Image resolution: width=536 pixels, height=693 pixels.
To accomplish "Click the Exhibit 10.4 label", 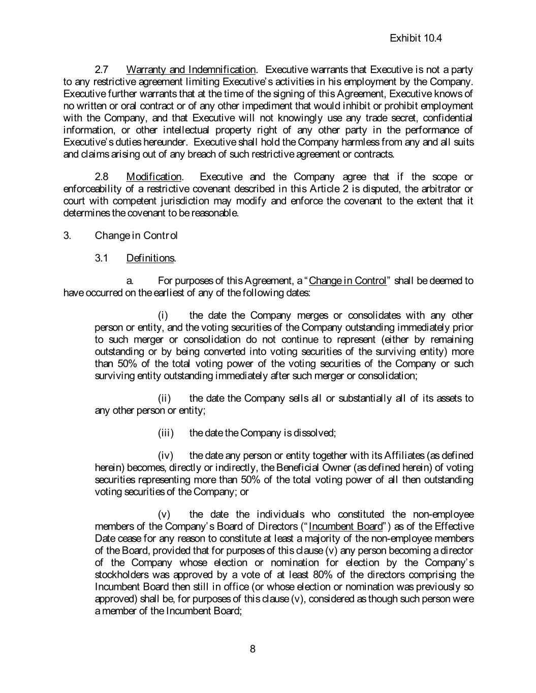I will click(x=416, y=38).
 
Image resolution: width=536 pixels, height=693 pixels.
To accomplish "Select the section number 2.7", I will click(x=101, y=70).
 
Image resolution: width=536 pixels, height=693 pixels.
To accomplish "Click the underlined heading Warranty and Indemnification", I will click(x=191, y=70).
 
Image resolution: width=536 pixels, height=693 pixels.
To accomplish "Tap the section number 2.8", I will click(x=101, y=177).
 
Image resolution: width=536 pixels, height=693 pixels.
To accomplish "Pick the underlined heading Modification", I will click(x=153, y=177).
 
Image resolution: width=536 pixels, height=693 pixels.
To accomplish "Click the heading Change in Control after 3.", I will click(x=136, y=236).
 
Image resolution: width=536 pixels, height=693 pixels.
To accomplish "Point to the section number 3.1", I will click(x=101, y=258).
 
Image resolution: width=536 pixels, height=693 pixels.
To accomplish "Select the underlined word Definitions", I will click(x=150, y=258).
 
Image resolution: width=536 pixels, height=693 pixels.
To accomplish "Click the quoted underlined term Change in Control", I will click(x=348, y=281).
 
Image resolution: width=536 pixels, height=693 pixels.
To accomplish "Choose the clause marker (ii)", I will click(x=164, y=399).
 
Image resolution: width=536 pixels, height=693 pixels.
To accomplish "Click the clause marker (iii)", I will click(x=166, y=433).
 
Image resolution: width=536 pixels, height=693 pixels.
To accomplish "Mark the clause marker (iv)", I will click(x=166, y=455).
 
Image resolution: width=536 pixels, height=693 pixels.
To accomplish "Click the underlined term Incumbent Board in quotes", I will click(x=345, y=526).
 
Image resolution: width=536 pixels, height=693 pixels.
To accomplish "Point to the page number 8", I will click(x=253, y=649).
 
